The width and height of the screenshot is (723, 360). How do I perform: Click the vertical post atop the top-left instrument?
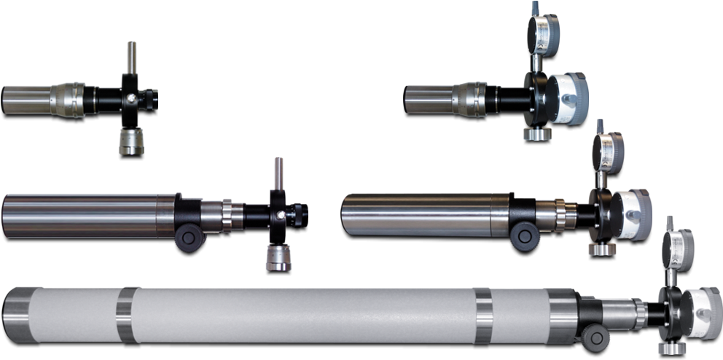point(130,56)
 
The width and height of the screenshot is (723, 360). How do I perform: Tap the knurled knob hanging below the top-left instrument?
point(131,140)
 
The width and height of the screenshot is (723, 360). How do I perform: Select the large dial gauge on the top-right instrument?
point(568,98)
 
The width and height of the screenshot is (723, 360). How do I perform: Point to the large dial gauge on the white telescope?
point(703,311)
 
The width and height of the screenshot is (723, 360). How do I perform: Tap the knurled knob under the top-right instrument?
point(536,133)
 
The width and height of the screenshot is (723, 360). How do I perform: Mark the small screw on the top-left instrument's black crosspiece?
point(130,98)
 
